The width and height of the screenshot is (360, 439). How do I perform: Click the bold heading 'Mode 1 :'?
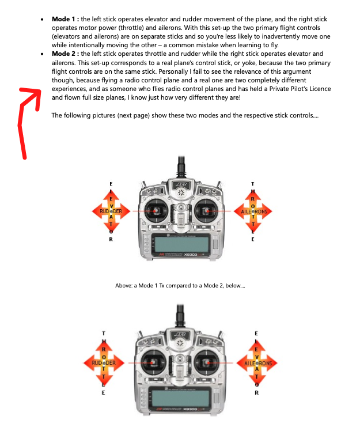pos(65,19)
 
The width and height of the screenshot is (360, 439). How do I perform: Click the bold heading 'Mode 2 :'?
pos(65,54)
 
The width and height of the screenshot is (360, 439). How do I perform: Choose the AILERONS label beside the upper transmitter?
pos(252,211)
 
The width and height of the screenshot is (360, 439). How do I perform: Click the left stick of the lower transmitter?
pos(152,363)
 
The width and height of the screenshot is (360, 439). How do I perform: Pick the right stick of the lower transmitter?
pos(206,363)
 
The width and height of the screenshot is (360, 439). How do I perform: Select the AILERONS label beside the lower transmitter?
pos(257,364)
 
